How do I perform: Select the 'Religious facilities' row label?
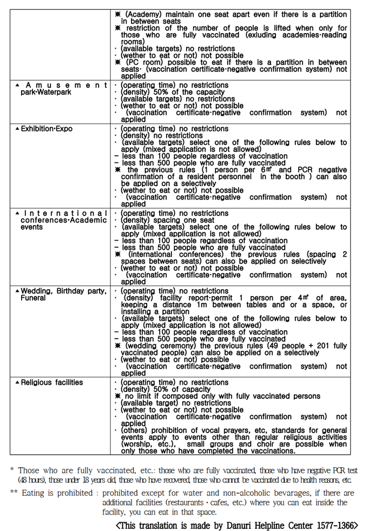[52, 382]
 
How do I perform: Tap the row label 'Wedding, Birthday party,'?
[64, 291]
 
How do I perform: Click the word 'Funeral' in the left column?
[33, 298]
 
